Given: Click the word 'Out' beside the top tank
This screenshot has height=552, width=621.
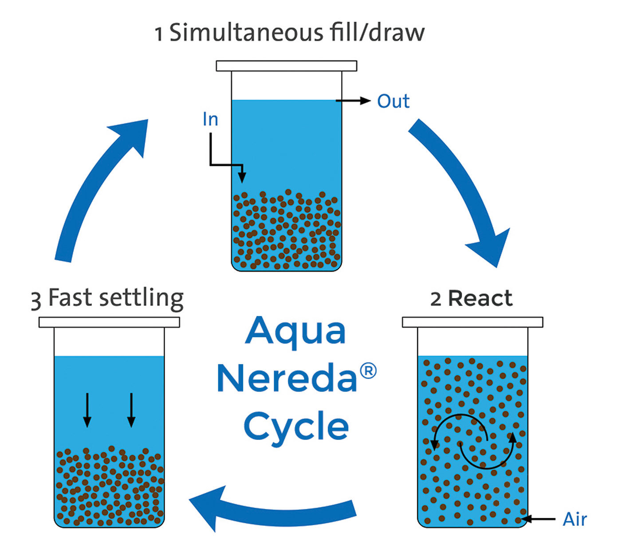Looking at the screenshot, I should click(393, 101).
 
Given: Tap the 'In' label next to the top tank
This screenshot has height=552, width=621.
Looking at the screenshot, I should click(210, 119).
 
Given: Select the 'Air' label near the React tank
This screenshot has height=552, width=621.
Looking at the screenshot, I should click(575, 519).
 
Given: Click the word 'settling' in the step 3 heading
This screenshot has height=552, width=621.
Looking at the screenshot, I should click(141, 298).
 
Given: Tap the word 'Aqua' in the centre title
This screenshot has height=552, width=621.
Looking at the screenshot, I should click(295, 332).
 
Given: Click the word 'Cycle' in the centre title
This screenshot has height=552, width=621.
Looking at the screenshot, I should click(296, 427).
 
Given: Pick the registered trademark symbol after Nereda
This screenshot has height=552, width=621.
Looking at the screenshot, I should click(368, 371).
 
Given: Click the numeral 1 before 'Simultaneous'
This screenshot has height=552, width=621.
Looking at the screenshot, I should click(159, 34).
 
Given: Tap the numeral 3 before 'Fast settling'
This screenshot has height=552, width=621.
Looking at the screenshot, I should click(36, 300).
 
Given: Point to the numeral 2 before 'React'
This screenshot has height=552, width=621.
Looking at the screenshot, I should click(436, 299).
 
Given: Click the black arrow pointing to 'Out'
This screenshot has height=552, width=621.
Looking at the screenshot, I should click(354, 101).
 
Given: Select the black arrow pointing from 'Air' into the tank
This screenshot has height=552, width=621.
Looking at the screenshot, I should click(538, 519).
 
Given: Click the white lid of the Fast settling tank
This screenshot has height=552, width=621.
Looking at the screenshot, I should click(109, 322).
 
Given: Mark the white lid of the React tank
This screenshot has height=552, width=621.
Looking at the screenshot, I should click(472, 322).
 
